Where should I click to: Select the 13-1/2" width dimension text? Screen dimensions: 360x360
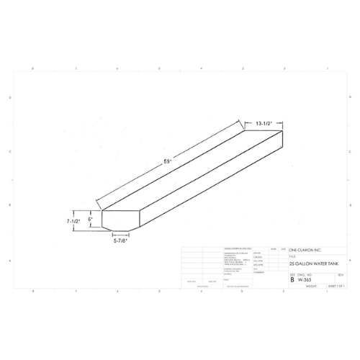[x=264, y=123]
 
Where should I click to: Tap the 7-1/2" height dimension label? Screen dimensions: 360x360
[x=71, y=220]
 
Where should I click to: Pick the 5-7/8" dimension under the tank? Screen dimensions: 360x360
[x=121, y=241]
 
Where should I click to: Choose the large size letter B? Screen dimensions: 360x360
[x=292, y=279]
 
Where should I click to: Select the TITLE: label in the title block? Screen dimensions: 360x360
[x=292, y=256]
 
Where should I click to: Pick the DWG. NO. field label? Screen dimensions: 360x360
[x=303, y=274]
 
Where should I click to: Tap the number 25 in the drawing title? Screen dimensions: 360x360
[x=292, y=264]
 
